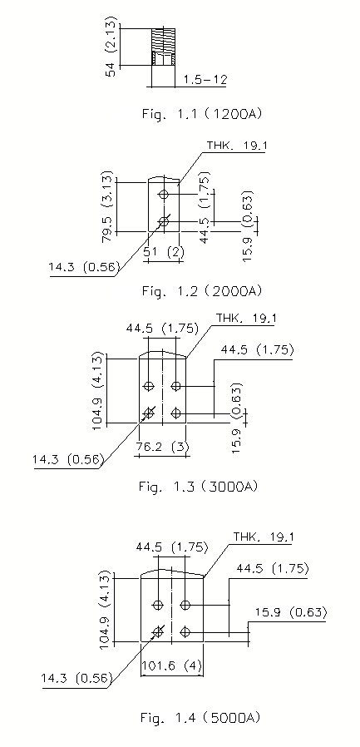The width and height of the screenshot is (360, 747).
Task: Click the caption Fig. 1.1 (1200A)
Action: coord(202,114)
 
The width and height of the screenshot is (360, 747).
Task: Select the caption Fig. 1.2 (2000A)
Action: coord(202,290)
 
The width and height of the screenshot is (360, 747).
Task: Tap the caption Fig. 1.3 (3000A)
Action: coord(199,487)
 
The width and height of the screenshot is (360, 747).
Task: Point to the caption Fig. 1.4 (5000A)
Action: coord(200,717)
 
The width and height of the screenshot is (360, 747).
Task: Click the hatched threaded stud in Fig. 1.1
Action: coord(163,47)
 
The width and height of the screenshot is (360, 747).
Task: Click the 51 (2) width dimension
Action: coord(164,252)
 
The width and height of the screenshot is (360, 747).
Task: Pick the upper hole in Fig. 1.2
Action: coord(164,194)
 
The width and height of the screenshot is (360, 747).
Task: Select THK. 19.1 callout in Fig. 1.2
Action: coord(236,145)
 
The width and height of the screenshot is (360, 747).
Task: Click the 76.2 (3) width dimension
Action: coord(162,448)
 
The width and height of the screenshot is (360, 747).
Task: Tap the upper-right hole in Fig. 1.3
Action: coord(176,385)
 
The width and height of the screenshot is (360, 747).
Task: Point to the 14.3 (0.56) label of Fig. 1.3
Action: coord(68,460)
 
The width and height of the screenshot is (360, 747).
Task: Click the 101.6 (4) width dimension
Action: coord(172,665)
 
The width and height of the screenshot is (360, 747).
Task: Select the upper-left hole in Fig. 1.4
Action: coord(158,605)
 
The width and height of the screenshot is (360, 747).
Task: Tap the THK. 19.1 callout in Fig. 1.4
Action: coord(264,537)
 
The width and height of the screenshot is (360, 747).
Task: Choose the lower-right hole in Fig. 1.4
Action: coord(185,631)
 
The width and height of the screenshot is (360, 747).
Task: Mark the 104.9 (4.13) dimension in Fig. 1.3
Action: coord(99,390)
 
